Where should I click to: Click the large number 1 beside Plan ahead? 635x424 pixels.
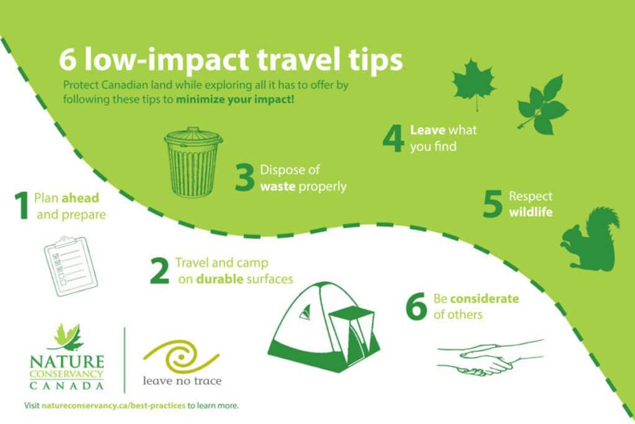point(23,206)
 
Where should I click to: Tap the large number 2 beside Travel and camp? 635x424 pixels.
point(160,271)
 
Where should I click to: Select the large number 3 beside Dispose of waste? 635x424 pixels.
point(244,178)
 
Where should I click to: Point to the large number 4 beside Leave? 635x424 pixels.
point(393,138)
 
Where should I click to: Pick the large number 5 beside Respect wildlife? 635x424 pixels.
point(493,204)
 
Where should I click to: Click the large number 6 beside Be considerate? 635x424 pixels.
point(416,307)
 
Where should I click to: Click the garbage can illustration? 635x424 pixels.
point(193,163)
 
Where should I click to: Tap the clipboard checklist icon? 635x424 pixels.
point(71,266)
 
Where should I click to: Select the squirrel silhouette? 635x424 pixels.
point(590,239)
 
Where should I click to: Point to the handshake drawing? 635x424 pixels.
point(490,358)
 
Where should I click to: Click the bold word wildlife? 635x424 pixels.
point(531,212)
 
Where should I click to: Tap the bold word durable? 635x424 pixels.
point(220,279)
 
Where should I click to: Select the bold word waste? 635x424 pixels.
point(277,187)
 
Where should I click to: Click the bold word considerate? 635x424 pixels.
point(484,299)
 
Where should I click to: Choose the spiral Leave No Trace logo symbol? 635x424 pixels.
point(181,357)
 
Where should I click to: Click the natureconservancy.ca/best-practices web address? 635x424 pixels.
point(113,405)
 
